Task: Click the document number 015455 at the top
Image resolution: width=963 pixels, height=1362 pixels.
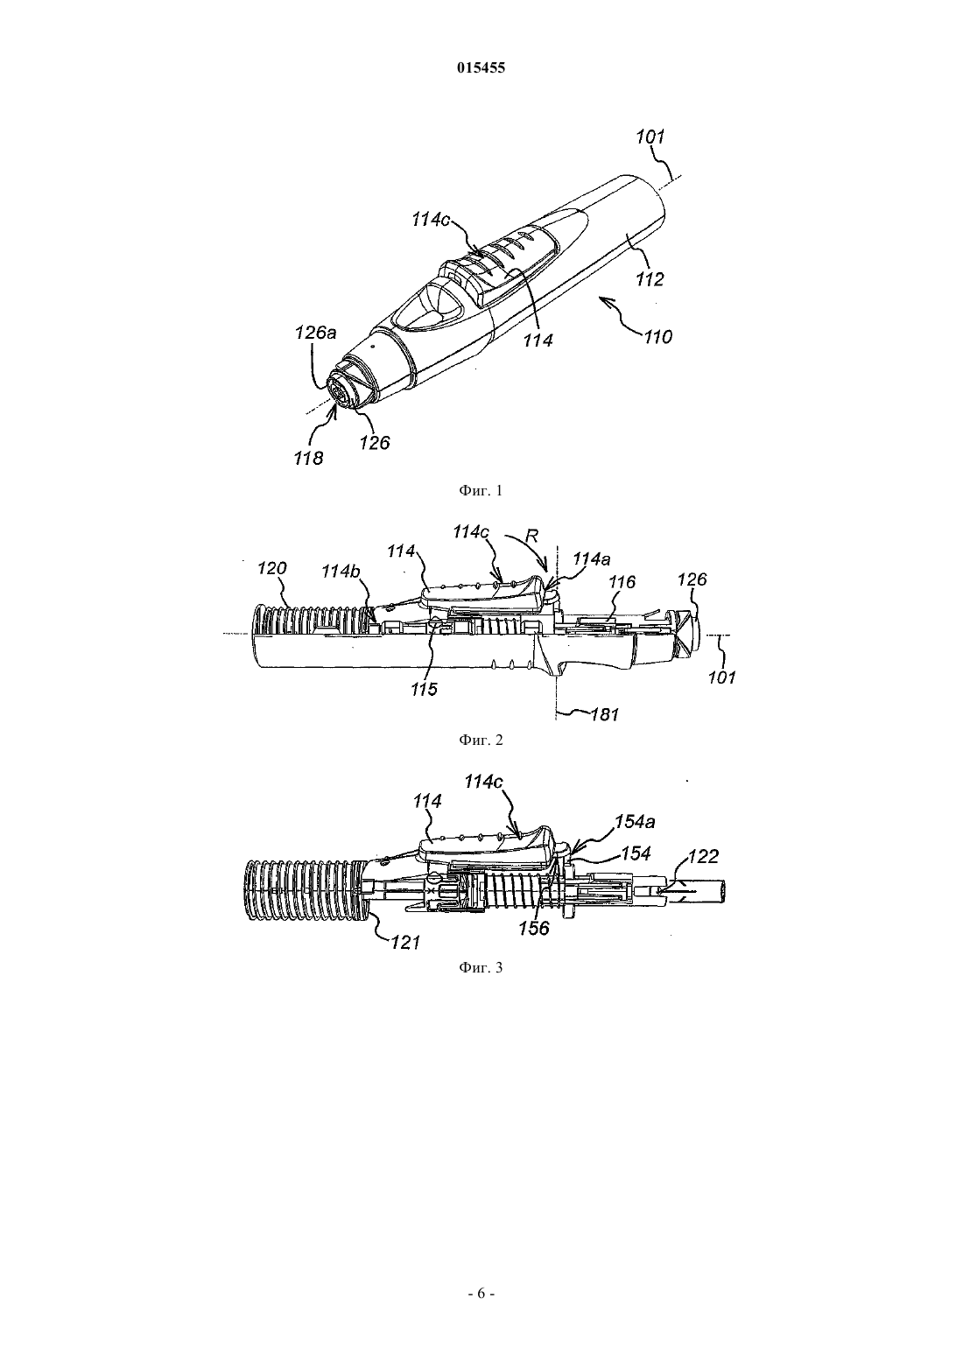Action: (481, 68)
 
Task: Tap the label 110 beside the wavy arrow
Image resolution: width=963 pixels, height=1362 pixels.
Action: (659, 336)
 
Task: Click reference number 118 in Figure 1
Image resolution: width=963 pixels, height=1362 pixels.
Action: (309, 458)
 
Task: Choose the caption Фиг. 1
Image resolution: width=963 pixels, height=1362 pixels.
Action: (481, 491)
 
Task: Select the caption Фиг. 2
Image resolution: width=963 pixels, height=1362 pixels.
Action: (481, 740)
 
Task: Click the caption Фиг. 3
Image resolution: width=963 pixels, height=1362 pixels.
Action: (481, 967)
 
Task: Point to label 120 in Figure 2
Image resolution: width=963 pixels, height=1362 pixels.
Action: (271, 568)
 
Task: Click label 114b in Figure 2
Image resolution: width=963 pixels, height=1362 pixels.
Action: (341, 572)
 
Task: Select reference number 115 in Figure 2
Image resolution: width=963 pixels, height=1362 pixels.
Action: (424, 690)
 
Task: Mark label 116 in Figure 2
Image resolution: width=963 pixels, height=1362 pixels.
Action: (622, 582)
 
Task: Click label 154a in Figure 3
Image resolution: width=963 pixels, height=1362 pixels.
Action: (634, 822)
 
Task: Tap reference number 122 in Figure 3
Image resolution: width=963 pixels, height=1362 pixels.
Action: (705, 857)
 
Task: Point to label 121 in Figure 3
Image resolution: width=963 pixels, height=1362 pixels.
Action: (405, 943)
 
